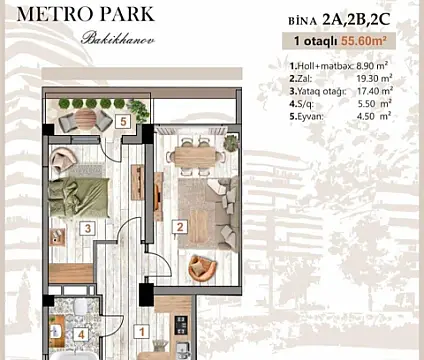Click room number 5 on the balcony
121,122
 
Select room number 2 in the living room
179,227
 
